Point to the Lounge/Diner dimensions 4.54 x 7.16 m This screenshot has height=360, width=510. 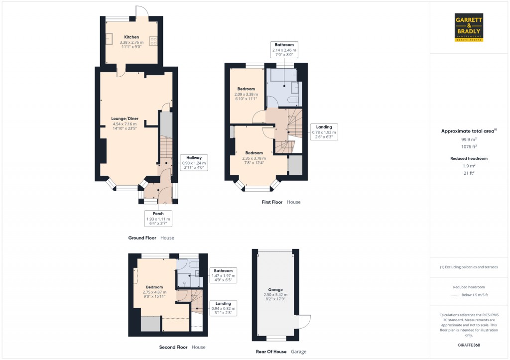(x=125, y=124)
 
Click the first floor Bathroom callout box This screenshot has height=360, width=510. (x=284, y=50)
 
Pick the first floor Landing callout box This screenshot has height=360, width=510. (x=324, y=132)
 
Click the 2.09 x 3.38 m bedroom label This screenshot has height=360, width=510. (x=246, y=94)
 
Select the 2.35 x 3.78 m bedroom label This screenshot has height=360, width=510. (x=254, y=158)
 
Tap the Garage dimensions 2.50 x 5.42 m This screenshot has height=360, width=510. (x=275, y=294)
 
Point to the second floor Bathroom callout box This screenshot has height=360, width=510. (x=222, y=275)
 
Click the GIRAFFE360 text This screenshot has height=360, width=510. (x=469, y=345)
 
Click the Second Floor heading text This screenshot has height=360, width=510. (x=173, y=347)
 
